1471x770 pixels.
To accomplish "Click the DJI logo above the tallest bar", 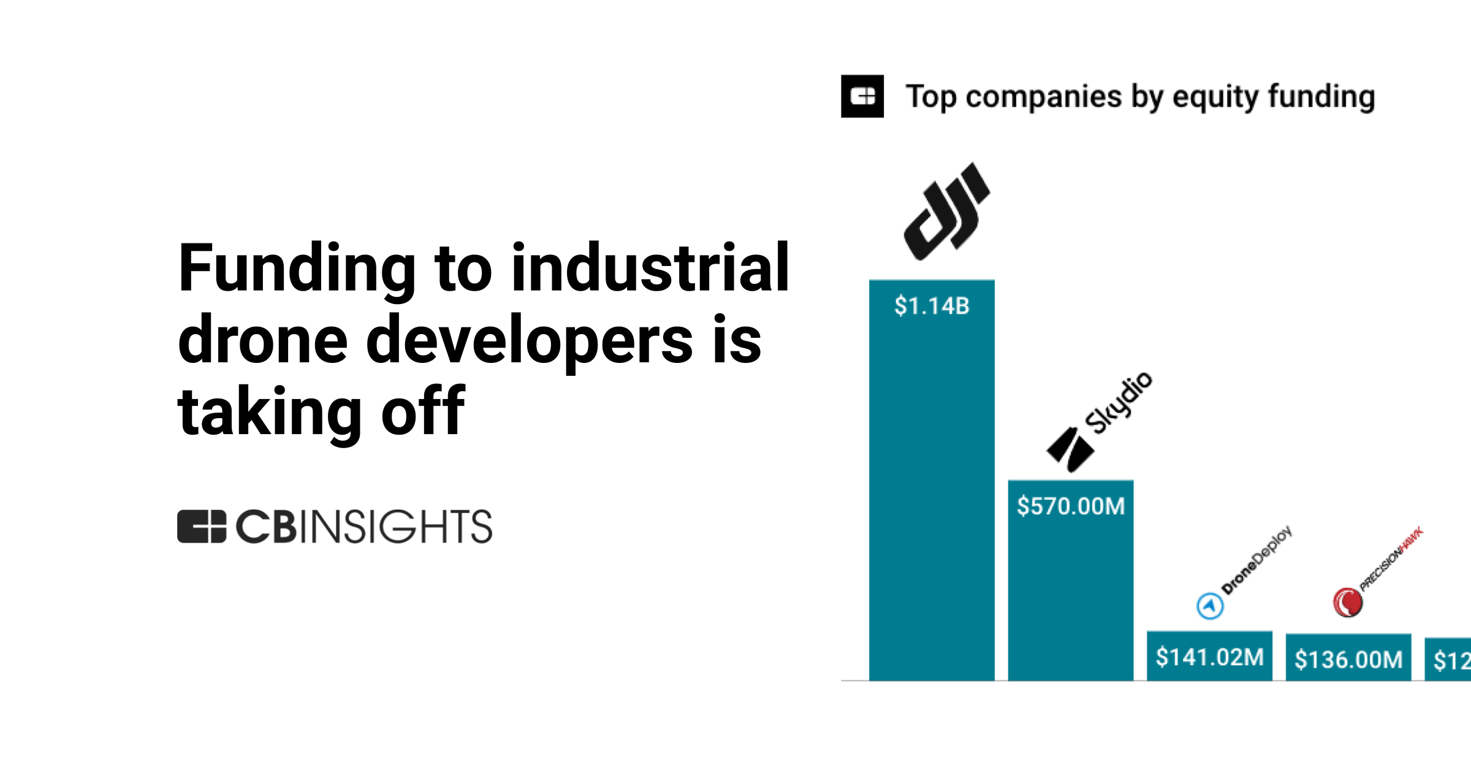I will pos(946,212).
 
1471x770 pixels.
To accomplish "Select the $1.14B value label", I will pos(932,306).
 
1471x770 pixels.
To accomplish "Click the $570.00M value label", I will pos(1071,506).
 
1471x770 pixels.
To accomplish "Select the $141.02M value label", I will pos(1209,657).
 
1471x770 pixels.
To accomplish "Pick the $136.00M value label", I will pos(1348,660).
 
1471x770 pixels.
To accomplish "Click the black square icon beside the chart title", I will pos(862,96).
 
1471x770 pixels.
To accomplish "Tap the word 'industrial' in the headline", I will pos(650,269).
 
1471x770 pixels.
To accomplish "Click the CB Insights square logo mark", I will pos(202,527).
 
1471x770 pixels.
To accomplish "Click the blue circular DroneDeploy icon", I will pos(1210,606).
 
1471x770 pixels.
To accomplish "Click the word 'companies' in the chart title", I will pos(1044,97).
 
